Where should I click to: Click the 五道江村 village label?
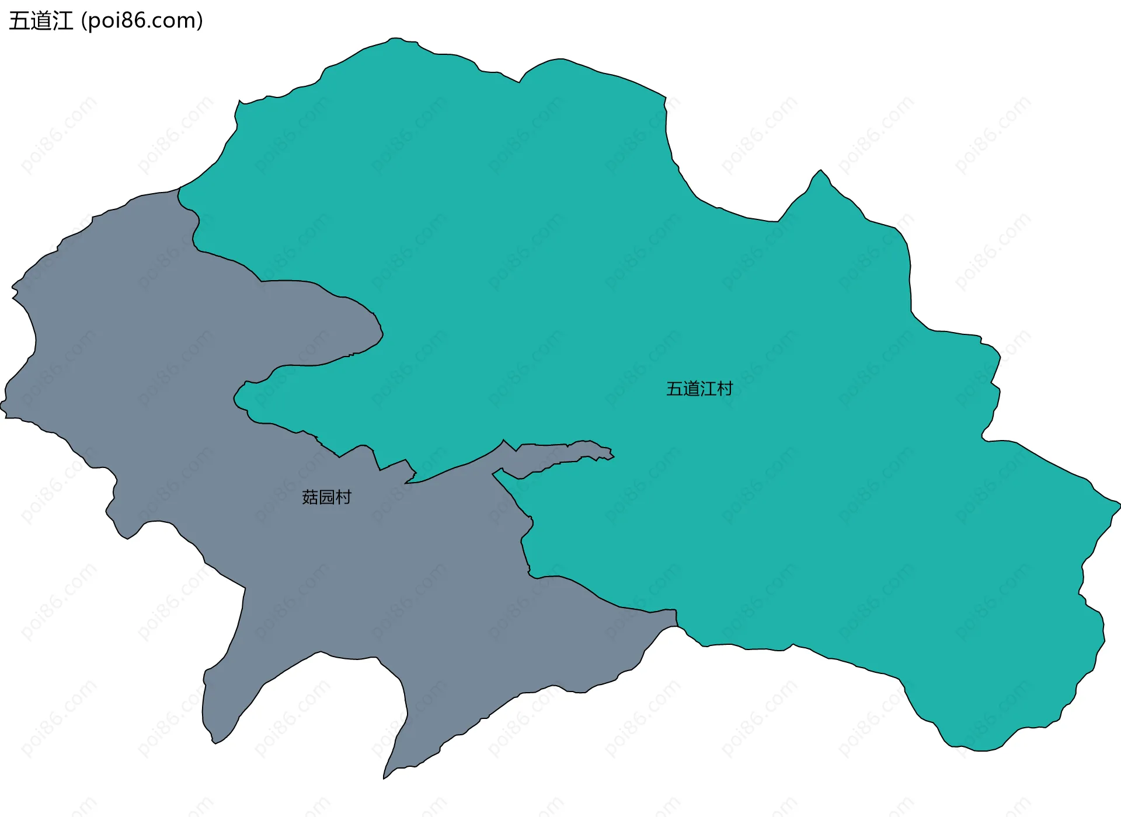click(x=699, y=389)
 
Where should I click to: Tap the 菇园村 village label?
click(x=326, y=497)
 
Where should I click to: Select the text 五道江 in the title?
click(x=41, y=21)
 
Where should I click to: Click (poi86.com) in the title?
click(x=142, y=21)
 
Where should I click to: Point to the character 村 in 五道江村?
click(x=725, y=389)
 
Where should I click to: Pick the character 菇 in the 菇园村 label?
click(x=310, y=497)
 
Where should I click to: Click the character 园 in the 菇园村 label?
click(x=327, y=497)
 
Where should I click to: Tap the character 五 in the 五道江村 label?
click(x=674, y=389)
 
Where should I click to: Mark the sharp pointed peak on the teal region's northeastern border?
click(x=821, y=170)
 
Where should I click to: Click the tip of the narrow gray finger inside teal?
click(x=612, y=455)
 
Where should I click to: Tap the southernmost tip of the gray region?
click(x=384, y=778)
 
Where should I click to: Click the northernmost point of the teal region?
click(x=396, y=39)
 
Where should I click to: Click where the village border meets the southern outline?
click(x=677, y=626)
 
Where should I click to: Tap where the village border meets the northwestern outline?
click(x=179, y=188)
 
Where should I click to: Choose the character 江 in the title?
click(x=62, y=21)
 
